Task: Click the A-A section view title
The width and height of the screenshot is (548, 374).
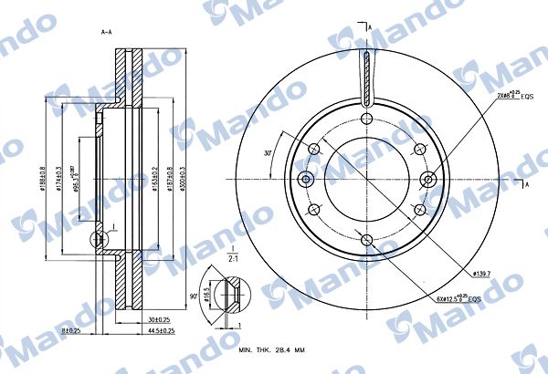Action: point(106,32)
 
